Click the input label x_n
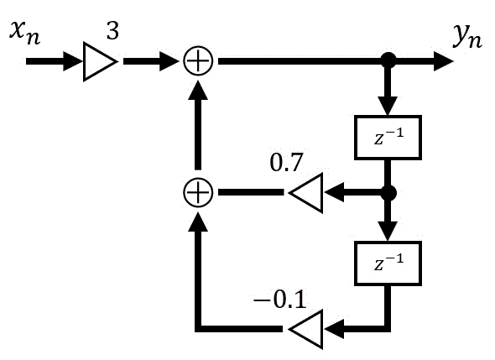25,34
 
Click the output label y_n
467,36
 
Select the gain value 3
112,31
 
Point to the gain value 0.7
286,163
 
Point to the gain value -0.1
280,299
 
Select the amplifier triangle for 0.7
305,193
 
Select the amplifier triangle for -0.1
305,329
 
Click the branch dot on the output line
388,60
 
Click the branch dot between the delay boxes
388,193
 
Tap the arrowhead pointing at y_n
444,61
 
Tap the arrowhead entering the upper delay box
388,106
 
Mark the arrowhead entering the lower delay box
388,232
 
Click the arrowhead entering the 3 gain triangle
73,61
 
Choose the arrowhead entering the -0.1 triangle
334,329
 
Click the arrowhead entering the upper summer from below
198,90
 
